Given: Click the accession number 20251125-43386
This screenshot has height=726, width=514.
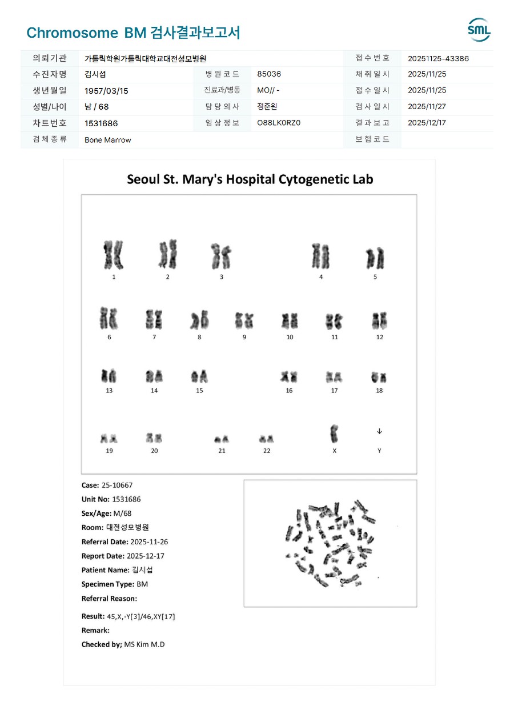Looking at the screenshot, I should (438, 58).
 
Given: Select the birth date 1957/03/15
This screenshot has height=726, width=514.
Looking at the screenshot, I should (106, 91).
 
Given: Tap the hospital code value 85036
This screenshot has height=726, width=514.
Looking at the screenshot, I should (269, 74).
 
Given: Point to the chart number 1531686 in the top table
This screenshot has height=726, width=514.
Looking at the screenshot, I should (101, 123).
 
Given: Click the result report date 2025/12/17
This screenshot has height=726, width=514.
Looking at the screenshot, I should (427, 123).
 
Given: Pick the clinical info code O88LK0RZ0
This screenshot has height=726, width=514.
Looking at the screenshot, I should (279, 123).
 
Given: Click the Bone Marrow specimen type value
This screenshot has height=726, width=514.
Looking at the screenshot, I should (108, 140).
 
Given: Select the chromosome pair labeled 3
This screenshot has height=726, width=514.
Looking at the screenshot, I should (221, 256).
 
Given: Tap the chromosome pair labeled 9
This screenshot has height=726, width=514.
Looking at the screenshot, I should (244, 320).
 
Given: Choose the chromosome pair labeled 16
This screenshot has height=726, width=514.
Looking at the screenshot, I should (289, 377).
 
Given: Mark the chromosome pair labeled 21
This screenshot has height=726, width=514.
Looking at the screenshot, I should (222, 439).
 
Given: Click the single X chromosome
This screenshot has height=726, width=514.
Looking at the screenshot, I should (334, 434).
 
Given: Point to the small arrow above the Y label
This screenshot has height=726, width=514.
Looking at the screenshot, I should (379, 431).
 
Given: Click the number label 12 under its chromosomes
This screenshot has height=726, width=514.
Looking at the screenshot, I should (379, 337).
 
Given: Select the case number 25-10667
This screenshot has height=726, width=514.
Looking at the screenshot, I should (117, 485).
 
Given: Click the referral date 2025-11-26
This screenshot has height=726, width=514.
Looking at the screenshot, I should (149, 542).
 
